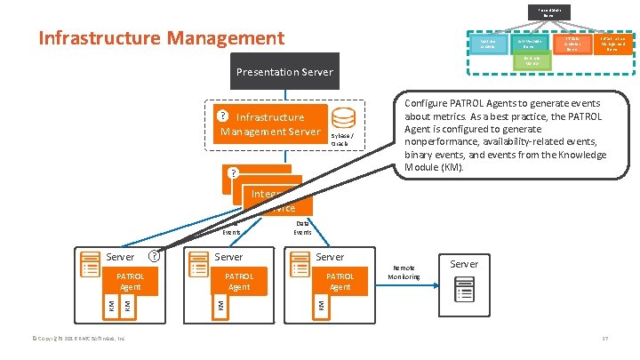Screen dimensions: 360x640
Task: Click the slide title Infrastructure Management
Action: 161,38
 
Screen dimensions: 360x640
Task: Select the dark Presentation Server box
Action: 284,71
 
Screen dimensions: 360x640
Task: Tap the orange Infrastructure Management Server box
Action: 270,124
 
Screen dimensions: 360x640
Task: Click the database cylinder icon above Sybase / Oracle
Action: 343,118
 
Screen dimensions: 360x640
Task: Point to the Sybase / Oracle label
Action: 343,142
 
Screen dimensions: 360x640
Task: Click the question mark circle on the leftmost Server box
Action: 154,256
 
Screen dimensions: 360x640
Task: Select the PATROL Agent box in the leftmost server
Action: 130,282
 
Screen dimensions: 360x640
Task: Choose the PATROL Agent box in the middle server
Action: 239,282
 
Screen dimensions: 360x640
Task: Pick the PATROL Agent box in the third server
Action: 340,282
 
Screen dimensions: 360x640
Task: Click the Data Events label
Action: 302,227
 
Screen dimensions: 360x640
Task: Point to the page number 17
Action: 604,339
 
